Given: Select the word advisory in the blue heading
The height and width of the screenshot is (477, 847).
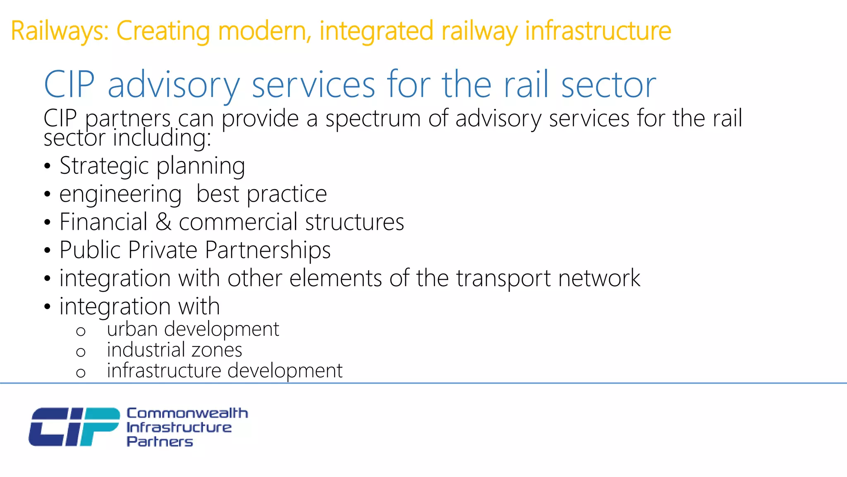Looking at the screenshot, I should click(x=174, y=85).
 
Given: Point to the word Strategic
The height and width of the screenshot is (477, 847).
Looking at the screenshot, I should click(x=104, y=166).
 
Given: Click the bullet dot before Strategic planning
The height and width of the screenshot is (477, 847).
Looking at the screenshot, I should click(x=48, y=166).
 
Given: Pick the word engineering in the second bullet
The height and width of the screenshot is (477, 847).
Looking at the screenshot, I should click(x=120, y=194).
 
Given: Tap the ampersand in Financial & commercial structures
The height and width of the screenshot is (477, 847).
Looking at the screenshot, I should click(x=163, y=222).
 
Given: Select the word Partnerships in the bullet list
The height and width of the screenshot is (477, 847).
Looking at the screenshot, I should click(x=268, y=250).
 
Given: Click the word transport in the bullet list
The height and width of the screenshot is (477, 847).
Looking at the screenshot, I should click(x=503, y=278).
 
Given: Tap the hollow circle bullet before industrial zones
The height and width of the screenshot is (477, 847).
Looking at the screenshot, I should click(x=81, y=352).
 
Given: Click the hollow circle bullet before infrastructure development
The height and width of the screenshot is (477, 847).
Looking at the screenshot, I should click(x=81, y=373).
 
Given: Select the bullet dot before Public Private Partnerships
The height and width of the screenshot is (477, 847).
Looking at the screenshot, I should click(x=48, y=251).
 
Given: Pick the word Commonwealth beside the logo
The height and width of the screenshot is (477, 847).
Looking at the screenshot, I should click(x=187, y=413).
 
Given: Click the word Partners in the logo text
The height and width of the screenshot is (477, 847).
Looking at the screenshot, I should click(x=160, y=442).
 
